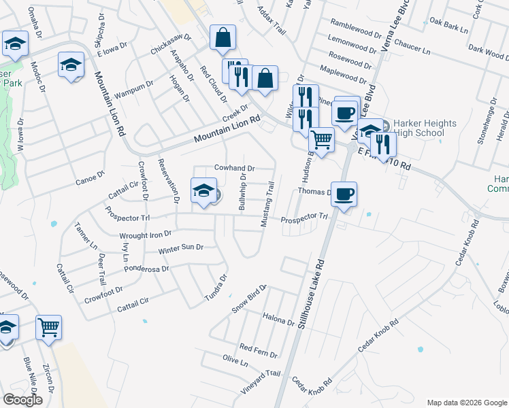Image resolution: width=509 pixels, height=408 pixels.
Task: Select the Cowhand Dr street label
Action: pyautogui.click(x=234, y=168)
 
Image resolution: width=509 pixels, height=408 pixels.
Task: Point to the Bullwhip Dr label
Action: pyautogui.click(x=242, y=191)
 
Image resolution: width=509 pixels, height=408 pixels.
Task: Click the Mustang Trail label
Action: pyautogui.click(x=267, y=204)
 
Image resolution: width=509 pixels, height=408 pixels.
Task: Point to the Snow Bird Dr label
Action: pyautogui.click(x=251, y=299)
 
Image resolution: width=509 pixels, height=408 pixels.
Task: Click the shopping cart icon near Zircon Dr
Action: pyautogui.click(x=48, y=328)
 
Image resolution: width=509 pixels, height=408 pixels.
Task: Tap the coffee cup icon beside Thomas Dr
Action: pyautogui.click(x=344, y=194)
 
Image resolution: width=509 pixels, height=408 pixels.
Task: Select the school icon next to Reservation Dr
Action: pyautogui.click(x=203, y=190)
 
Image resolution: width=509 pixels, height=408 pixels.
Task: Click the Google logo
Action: pyautogui.click(x=22, y=400)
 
